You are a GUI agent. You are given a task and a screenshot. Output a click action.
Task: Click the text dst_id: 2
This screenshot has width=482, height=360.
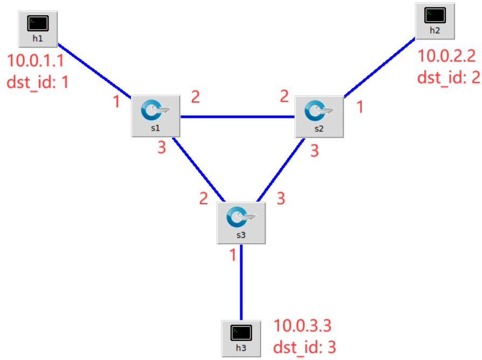[x=449, y=76]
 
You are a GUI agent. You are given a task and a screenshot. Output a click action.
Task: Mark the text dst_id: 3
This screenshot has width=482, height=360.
[x=305, y=347]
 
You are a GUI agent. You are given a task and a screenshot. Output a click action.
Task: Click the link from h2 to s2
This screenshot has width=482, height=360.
[x=380, y=67]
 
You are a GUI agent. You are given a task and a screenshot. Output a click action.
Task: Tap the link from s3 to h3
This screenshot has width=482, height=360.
[x=241, y=283]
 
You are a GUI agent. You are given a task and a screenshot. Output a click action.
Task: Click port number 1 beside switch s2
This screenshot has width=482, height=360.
[x=359, y=107]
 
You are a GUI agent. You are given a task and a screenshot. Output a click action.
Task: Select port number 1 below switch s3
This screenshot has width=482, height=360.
[x=233, y=255]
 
